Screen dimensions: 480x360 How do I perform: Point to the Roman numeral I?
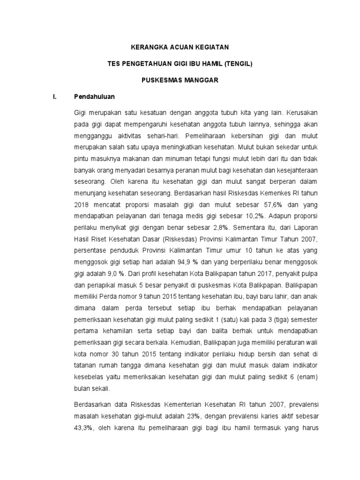[55, 97]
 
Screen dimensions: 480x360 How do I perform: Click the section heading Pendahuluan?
[95, 97]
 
